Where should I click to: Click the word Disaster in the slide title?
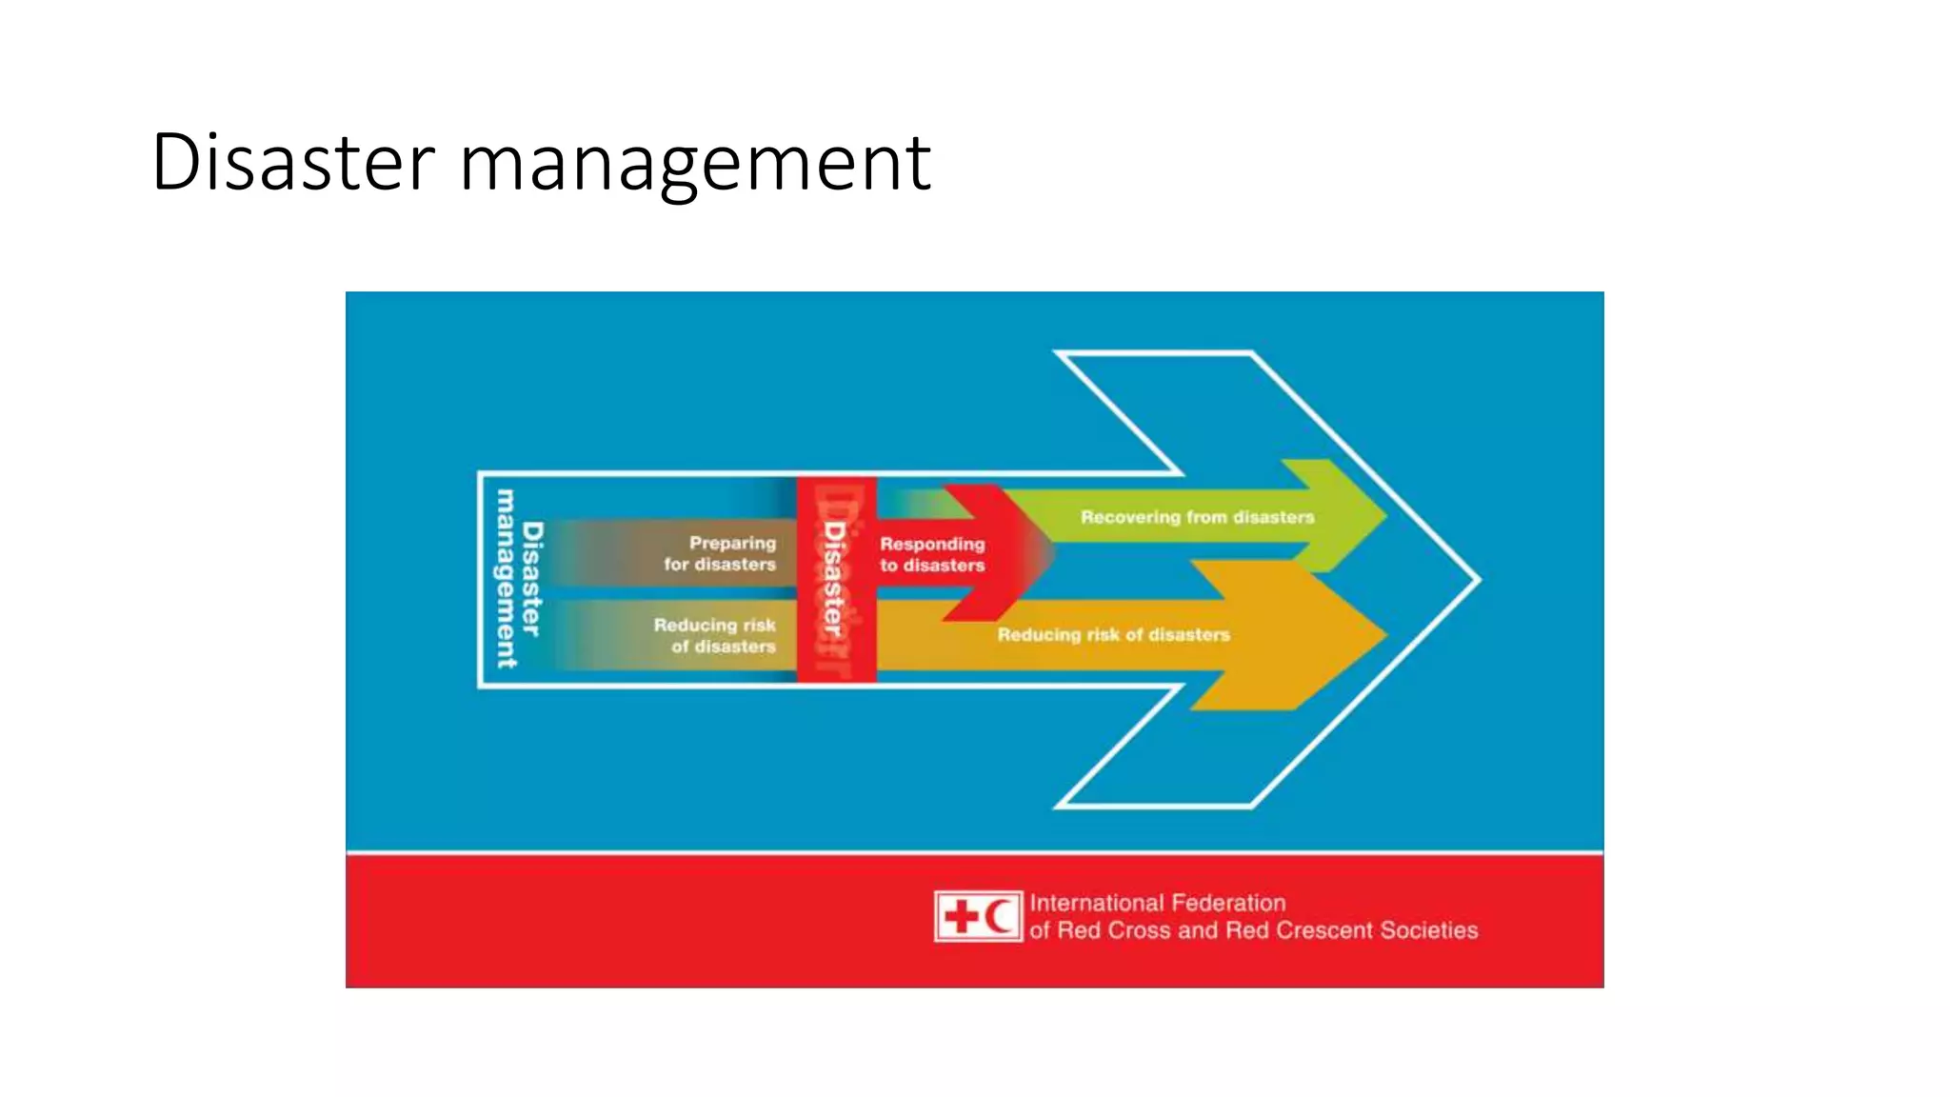click(x=292, y=162)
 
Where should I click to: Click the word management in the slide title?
click(x=695, y=164)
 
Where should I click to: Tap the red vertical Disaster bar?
click(x=836, y=579)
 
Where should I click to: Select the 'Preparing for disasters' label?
click(x=720, y=553)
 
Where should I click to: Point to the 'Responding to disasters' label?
click(x=932, y=554)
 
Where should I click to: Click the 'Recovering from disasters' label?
click(x=1197, y=517)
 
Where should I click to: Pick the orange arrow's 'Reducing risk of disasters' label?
click(x=1113, y=634)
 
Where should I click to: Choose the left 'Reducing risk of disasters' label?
click(x=715, y=635)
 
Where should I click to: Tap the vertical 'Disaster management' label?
click(x=519, y=578)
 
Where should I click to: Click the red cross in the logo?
click(x=961, y=917)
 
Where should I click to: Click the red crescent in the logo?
click(x=998, y=917)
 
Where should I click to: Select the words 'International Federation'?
click(x=1157, y=903)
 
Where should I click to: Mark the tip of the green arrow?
click(x=1383, y=516)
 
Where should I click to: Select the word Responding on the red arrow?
click(x=932, y=544)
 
